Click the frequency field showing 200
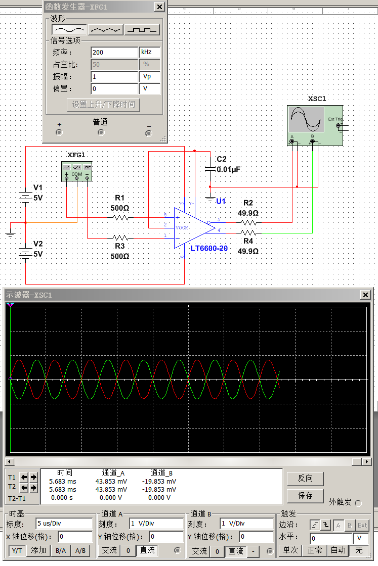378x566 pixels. [x=114, y=53]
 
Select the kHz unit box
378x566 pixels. [x=150, y=53]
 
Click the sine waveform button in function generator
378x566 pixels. [x=69, y=30]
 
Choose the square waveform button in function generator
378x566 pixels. [x=142, y=30]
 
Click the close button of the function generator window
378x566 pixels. [x=159, y=7]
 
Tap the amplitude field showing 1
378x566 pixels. [x=114, y=77]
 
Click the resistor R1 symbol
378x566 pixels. [x=120, y=217]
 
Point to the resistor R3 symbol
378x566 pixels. [x=120, y=237]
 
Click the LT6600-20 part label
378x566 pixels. [x=208, y=248]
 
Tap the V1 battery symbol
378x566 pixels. [x=25, y=195]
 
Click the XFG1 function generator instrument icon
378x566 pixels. [x=76, y=171]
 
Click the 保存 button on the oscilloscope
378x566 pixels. [x=305, y=495]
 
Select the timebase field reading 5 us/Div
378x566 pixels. [x=64, y=524]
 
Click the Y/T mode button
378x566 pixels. [x=17, y=550]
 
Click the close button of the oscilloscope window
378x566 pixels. [x=365, y=295]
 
